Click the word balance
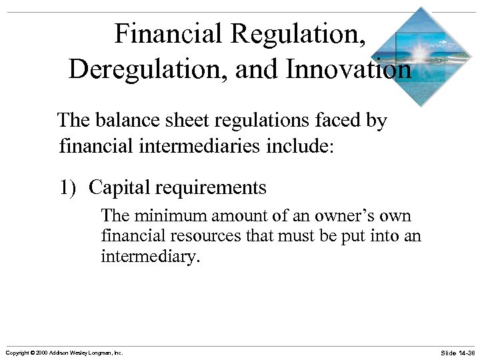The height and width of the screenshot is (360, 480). tap(123, 121)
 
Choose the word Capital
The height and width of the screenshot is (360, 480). tap(117, 188)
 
